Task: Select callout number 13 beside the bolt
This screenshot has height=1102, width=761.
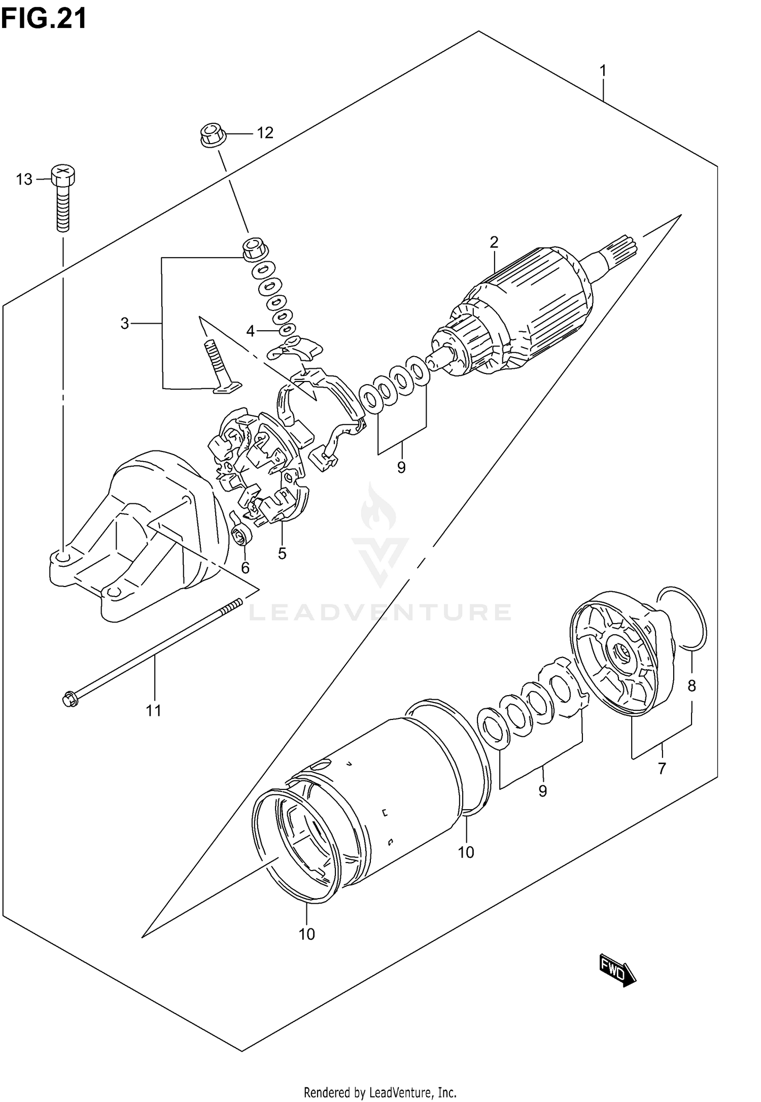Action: (x=24, y=179)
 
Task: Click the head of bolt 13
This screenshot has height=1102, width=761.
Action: (x=62, y=175)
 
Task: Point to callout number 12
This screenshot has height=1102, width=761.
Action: (x=265, y=133)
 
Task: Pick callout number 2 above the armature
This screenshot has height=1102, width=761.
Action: (x=494, y=242)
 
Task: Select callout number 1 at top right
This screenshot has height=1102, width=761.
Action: (x=603, y=71)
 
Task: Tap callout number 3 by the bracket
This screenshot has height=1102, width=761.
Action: (x=125, y=323)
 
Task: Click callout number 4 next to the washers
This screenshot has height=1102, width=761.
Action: (x=250, y=331)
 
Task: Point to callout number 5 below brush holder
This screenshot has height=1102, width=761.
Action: (x=282, y=553)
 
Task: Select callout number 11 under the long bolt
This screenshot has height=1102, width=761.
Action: (x=154, y=710)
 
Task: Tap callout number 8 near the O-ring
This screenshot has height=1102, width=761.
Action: (x=691, y=686)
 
